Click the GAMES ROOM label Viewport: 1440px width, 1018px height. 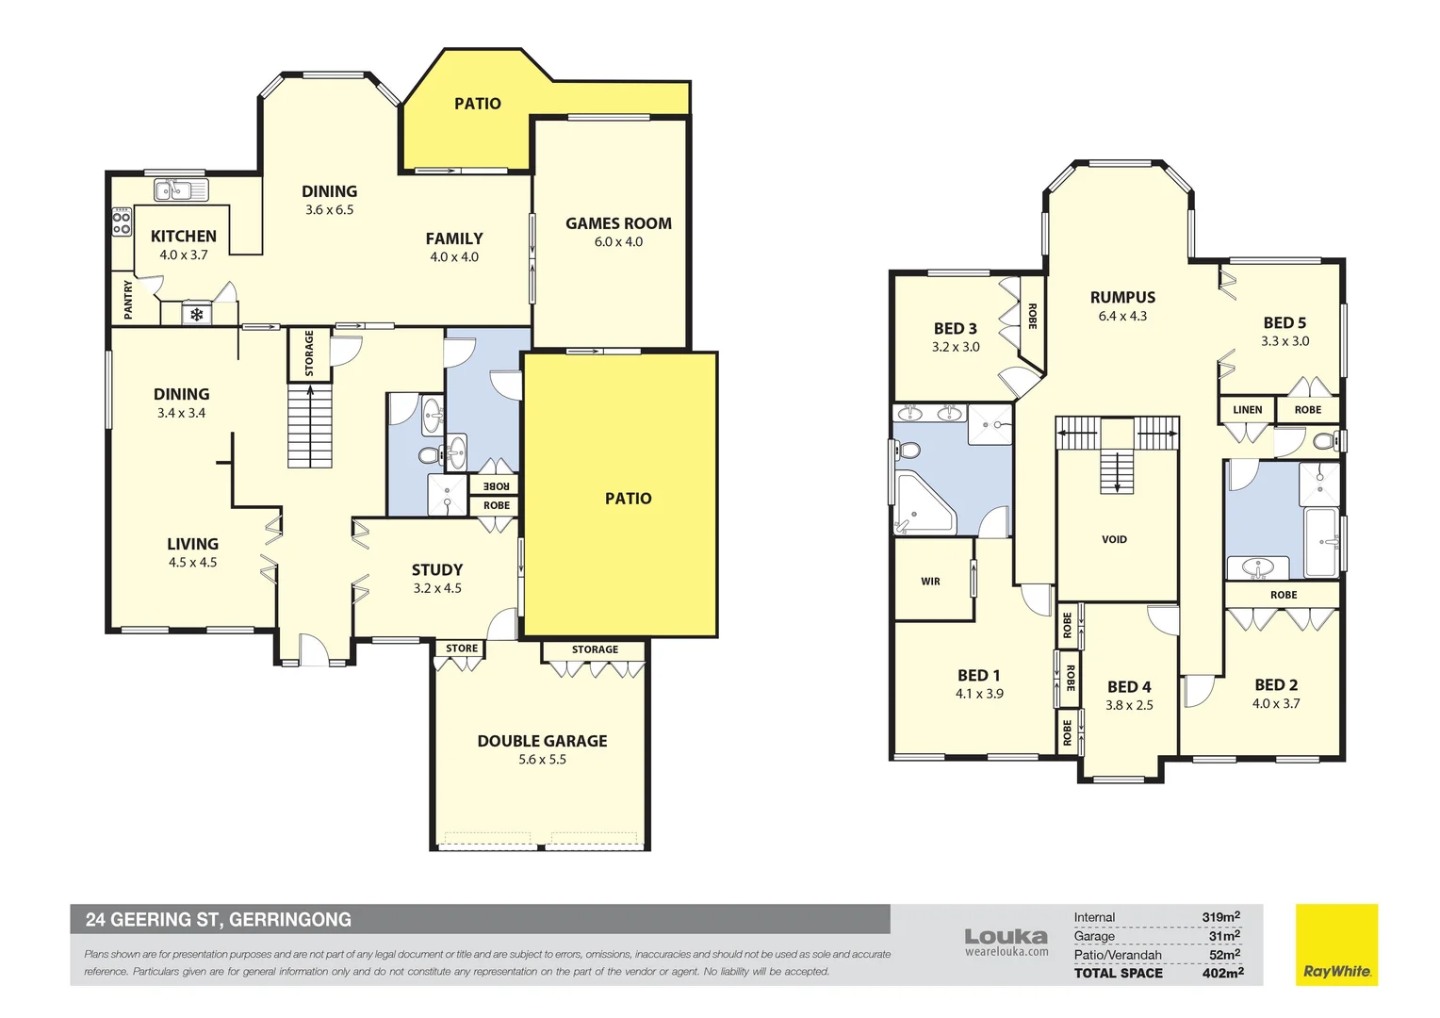tap(618, 223)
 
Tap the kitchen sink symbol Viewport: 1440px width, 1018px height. tap(180, 190)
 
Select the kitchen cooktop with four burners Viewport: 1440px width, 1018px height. tap(122, 222)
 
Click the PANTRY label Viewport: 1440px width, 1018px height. tap(128, 299)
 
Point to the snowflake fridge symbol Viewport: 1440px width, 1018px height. tap(197, 315)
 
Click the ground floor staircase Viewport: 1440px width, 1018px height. tap(310, 425)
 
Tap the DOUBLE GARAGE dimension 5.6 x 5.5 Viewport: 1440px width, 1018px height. tap(542, 760)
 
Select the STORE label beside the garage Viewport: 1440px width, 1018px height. tap(462, 649)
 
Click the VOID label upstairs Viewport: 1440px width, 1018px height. tap(1114, 539)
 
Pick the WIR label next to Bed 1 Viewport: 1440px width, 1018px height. tap(930, 582)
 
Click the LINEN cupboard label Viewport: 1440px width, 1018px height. tap(1247, 410)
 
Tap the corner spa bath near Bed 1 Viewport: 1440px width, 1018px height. tap(924, 505)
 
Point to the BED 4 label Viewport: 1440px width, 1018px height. tap(1129, 687)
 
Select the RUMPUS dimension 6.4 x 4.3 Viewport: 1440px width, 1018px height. tap(1122, 317)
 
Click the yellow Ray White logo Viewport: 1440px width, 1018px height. tap(1336, 944)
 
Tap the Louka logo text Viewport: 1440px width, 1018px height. tap(1006, 936)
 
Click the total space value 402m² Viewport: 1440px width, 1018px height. tap(1222, 973)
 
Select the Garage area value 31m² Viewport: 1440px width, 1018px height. tap(1224, 936)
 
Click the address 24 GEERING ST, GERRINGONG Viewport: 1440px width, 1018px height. tap(219, 919)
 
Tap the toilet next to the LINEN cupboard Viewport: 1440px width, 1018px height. tap(1325, 441)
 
